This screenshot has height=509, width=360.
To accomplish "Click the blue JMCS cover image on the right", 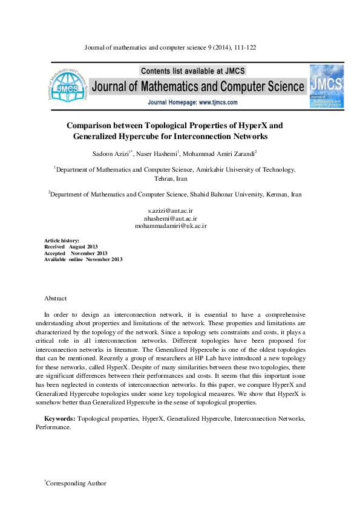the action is (326, 86).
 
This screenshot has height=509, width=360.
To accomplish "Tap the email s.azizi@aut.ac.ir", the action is (171, 210).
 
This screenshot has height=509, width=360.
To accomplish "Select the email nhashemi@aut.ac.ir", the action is (171, 218).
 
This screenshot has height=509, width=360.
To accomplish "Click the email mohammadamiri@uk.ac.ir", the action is (171, 225).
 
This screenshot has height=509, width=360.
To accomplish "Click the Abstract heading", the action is (56, 299).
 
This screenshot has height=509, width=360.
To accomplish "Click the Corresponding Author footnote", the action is (76, 483).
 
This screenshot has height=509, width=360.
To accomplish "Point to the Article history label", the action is (62, 241).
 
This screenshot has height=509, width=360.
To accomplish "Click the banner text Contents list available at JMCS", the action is (199, 70).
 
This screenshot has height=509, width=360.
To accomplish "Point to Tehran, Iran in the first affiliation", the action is (171, 179).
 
